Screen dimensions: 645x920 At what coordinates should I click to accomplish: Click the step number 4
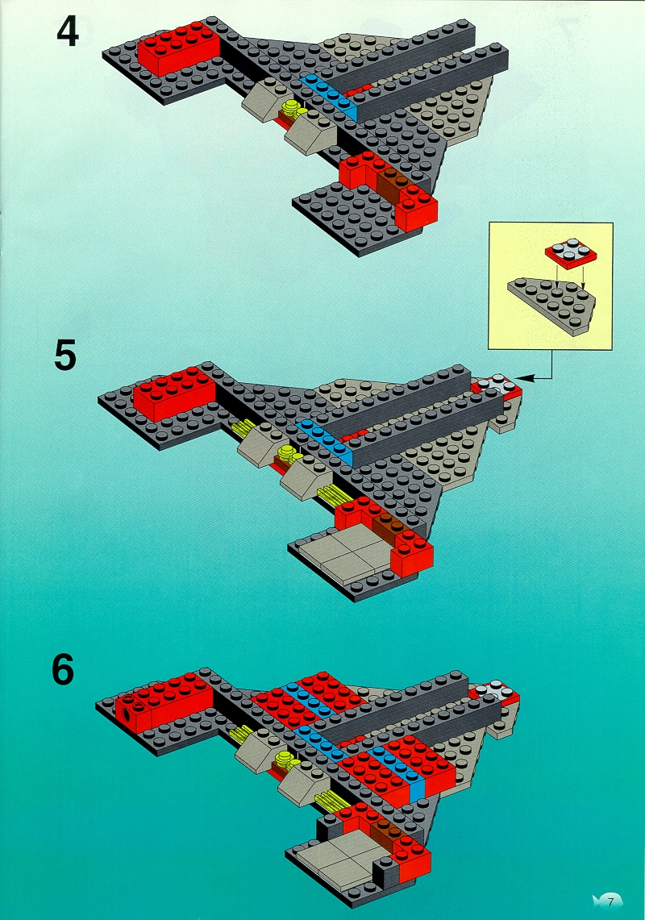[68, 33]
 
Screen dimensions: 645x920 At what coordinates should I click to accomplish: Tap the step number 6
[63, 669]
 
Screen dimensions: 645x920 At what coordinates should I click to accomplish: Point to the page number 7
[612, 901]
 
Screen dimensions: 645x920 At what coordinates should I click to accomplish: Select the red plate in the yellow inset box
[571, 252]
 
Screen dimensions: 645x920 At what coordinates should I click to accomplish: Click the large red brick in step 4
[178, 49]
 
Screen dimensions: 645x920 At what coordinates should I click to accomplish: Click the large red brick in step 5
[174, 393]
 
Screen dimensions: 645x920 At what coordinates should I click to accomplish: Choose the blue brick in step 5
[325, 442]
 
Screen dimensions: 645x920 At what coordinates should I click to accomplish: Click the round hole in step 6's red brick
[127, 716]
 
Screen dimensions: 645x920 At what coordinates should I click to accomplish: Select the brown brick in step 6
[385, 831]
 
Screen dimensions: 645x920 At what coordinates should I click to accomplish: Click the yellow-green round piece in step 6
[286, 760]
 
